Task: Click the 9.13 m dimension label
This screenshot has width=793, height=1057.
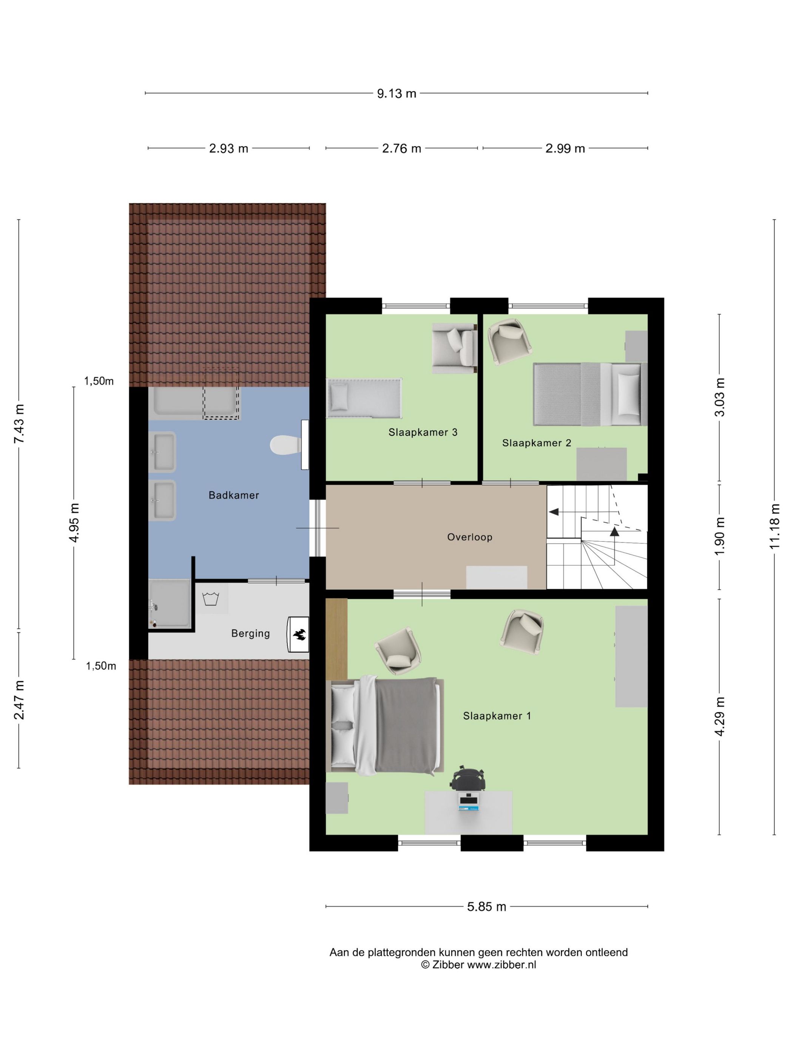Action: (x=396, y=93)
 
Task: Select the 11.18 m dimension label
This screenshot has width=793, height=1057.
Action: (x=775, y=527)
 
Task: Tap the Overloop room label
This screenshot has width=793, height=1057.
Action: (x=469, y=537)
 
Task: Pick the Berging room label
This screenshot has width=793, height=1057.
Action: (x=250, y=633)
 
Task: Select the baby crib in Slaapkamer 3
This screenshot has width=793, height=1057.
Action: (x=364, y=398)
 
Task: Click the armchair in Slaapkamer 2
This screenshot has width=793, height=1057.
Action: (x=509, y=342)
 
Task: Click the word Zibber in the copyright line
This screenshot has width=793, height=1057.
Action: (x=448, y=965)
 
